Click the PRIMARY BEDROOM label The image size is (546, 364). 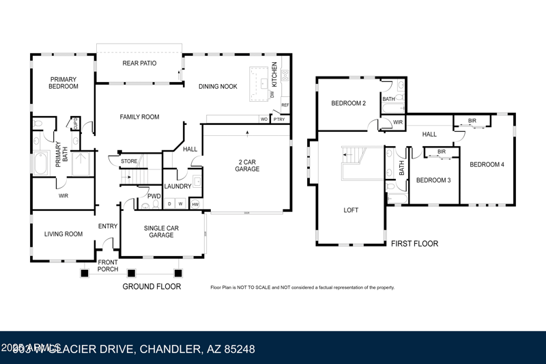63,83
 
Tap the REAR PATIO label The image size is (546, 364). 139,64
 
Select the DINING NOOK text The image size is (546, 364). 218,87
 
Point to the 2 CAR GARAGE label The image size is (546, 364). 247,165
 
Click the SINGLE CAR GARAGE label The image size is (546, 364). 161,232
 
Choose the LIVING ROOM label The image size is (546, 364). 63,234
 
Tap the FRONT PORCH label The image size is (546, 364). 108,266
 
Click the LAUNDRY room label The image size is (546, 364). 178,186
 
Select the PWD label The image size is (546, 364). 154,197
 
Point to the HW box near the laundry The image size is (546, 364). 195,204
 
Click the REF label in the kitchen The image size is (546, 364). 285,105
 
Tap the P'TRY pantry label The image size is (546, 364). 278,120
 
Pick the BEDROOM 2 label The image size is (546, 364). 349,104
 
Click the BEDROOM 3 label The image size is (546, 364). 434,180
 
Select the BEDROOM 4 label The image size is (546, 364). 487,165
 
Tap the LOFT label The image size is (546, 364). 351,210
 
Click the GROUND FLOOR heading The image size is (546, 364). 152,287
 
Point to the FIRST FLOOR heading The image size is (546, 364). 414,244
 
